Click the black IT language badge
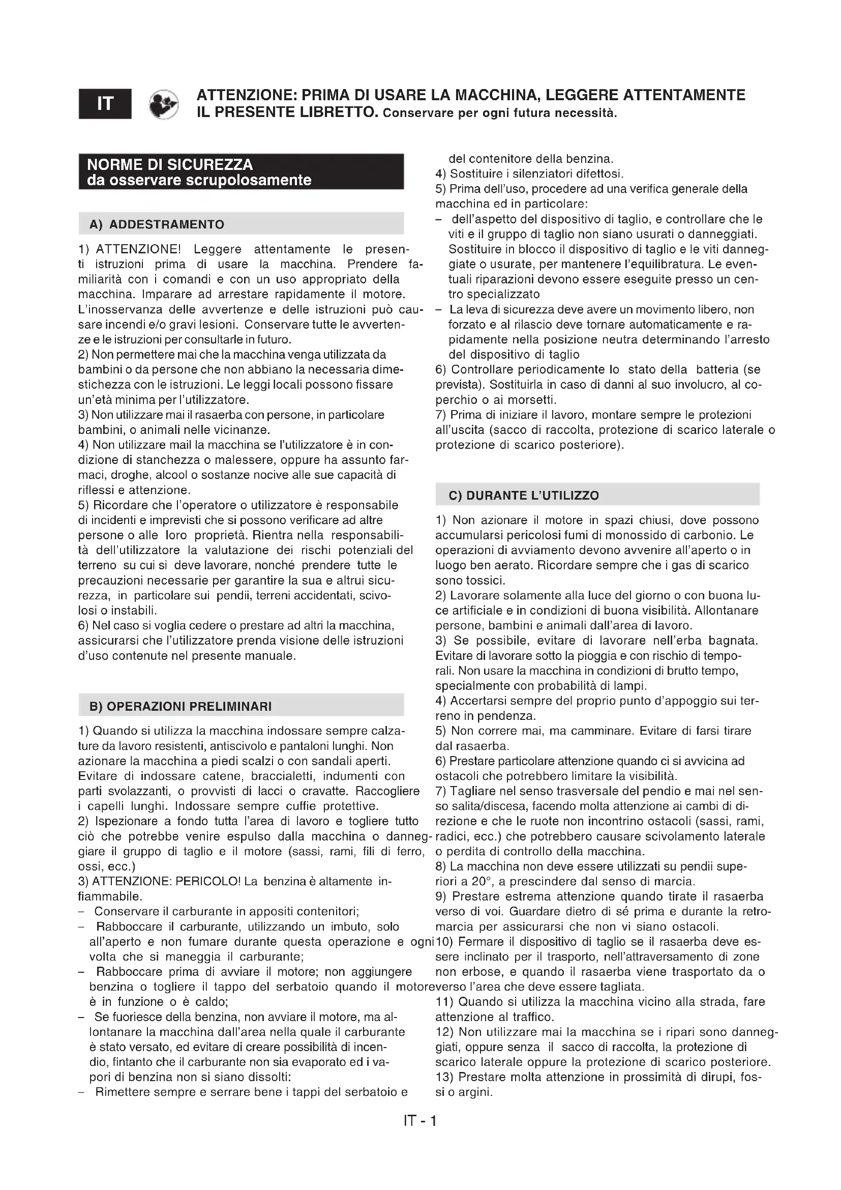(x=105, y=104)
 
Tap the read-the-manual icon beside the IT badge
(x=163, y=104)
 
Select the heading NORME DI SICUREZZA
(x=170, y=165)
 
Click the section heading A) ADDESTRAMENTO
(x=157, y=224)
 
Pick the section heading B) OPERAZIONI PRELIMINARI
(x=180, y=707)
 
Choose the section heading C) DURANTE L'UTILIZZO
(x=524, y=496)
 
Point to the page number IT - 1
(x=420, y=1122)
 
